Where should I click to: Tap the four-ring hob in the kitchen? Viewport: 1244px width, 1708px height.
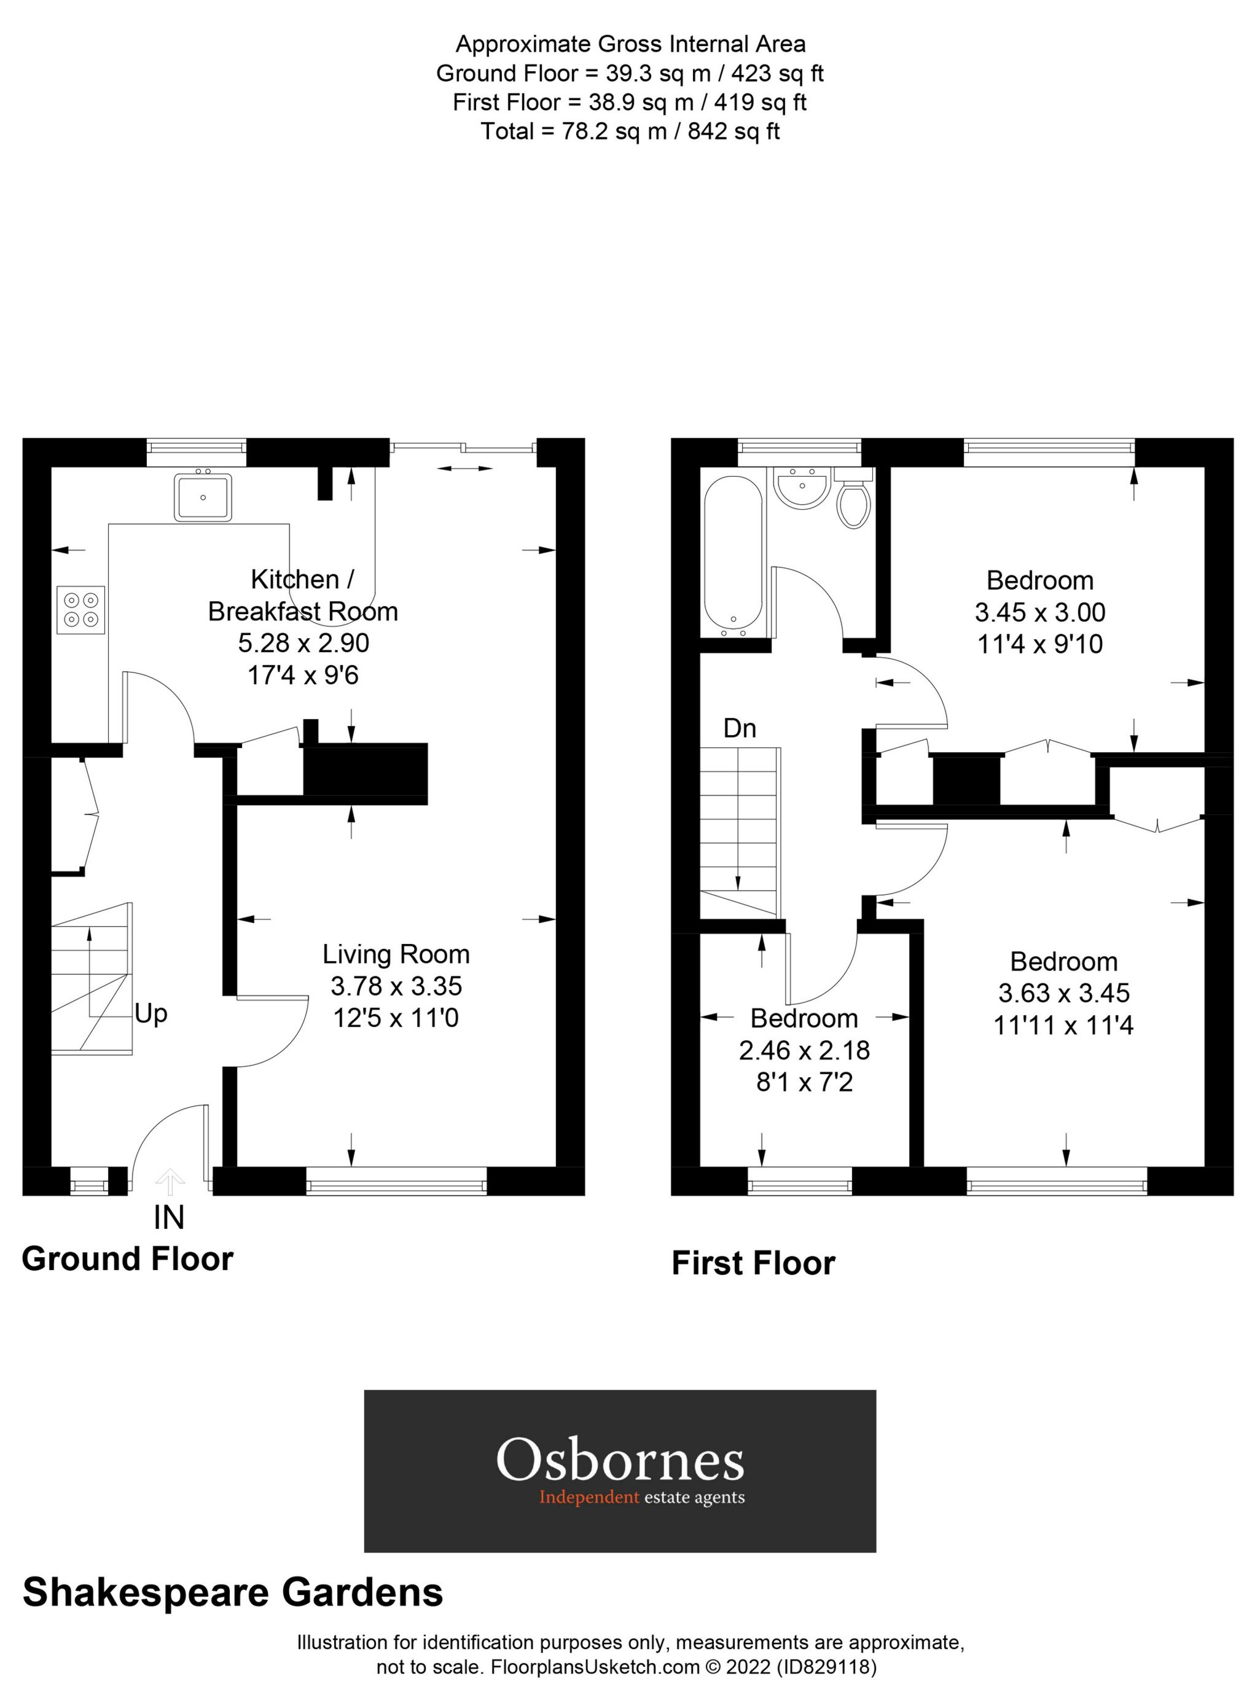click(80, 609)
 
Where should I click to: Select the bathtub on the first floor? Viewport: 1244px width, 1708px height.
click(732, 556)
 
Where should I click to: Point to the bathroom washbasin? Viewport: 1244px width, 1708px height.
click(802, 489)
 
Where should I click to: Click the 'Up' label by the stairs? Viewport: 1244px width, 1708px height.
click(151, 1013)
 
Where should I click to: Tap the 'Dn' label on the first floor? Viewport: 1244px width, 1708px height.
click(739, 728)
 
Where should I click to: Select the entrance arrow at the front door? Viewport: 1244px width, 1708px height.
click(170, 1182)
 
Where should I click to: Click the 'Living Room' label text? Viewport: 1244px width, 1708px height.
click(396, 954)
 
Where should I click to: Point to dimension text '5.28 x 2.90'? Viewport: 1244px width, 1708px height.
click(303, 643)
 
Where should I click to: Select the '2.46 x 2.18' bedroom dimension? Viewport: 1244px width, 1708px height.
click(804, 1050)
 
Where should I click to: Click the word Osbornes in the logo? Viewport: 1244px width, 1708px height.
click(619, 1460)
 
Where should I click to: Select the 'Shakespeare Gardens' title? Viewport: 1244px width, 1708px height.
click(233, 1593)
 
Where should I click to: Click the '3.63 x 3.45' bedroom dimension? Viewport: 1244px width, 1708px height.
click(1063, 992)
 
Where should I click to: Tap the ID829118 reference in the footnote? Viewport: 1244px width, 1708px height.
click(827, 1668)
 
